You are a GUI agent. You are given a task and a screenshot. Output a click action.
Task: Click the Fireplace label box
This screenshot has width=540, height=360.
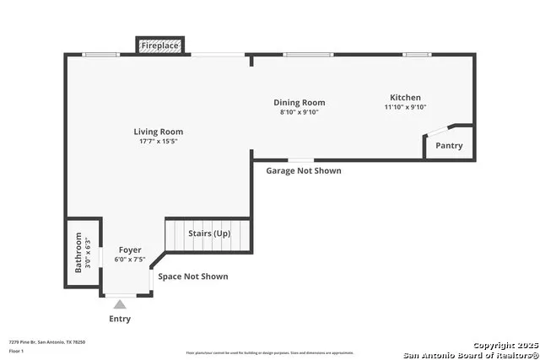[159, 45]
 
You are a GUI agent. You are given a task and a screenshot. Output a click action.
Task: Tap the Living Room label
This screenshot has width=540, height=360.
[158, 132]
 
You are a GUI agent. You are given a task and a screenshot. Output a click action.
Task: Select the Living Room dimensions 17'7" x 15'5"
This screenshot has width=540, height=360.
[158, 142]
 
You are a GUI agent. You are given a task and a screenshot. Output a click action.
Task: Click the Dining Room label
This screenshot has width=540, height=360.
[299, 103]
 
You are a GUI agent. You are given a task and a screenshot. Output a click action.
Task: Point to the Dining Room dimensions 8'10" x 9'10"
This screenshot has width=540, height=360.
[299, 112]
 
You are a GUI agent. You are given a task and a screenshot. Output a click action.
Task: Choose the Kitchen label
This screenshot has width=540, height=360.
[405, 98]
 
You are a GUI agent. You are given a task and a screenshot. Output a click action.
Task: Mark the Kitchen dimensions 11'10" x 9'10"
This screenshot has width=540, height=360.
[405, 107]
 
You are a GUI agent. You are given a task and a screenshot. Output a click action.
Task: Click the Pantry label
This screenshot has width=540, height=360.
[449, 146]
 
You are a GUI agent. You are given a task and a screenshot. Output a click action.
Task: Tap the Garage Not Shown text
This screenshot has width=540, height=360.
[304, 170]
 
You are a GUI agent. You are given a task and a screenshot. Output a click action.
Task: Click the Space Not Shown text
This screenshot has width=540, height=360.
[193, 277]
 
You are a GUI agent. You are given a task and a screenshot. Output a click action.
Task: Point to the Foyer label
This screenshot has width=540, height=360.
[130, 250]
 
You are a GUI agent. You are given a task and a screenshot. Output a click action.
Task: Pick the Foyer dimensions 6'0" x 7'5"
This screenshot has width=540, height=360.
[130, 260]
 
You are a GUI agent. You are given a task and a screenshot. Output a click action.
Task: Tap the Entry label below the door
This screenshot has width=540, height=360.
[120, 320]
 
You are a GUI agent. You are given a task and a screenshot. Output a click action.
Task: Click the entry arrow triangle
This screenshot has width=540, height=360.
[120, 304]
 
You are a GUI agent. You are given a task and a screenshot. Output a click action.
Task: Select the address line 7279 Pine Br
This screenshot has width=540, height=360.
[46, 341]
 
